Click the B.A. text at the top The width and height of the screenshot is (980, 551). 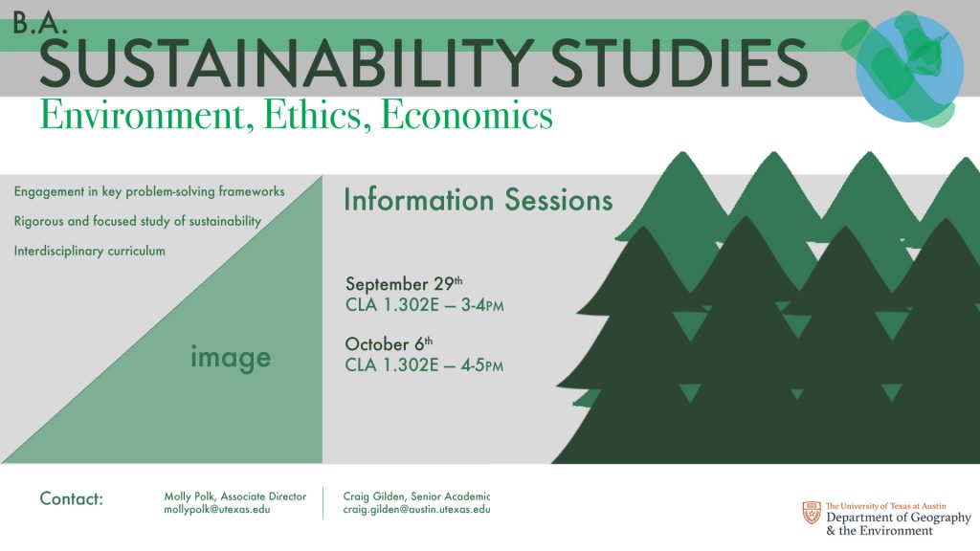point(39,24)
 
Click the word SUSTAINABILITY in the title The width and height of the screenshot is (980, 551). point(285,63)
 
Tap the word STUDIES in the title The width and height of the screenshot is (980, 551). point(679,63)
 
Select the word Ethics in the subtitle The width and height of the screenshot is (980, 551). point(313,116)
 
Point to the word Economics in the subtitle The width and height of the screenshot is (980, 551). point(466,116)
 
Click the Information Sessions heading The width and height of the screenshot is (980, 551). point(479,200)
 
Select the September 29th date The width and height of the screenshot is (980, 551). point(404,283)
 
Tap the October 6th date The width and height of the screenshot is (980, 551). point(389,343)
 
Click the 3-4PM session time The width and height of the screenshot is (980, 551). point(482,305)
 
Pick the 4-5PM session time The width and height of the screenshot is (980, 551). point(482,364)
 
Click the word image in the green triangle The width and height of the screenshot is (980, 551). point(231,358)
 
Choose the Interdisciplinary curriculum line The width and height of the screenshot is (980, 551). point(89,252)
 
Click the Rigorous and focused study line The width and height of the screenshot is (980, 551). point(138,221)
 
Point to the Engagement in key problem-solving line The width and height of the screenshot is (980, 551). point(149,191)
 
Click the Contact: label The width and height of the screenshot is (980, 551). point(71,498)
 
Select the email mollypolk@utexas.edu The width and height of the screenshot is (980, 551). point(217,509)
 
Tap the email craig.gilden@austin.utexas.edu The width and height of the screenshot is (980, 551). point(416,509)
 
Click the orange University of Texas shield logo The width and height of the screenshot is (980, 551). point(812,513)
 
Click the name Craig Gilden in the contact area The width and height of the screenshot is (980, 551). point(373,496)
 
